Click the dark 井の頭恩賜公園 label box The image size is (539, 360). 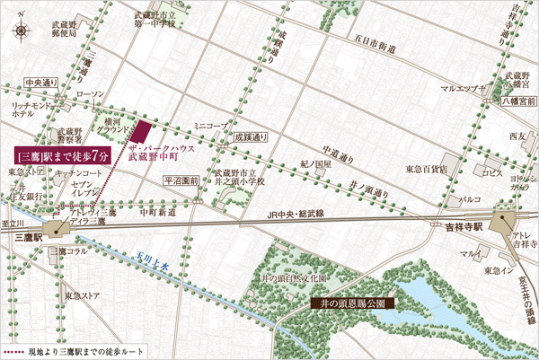pos(348,303)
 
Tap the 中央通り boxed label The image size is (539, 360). pos(42,83)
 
